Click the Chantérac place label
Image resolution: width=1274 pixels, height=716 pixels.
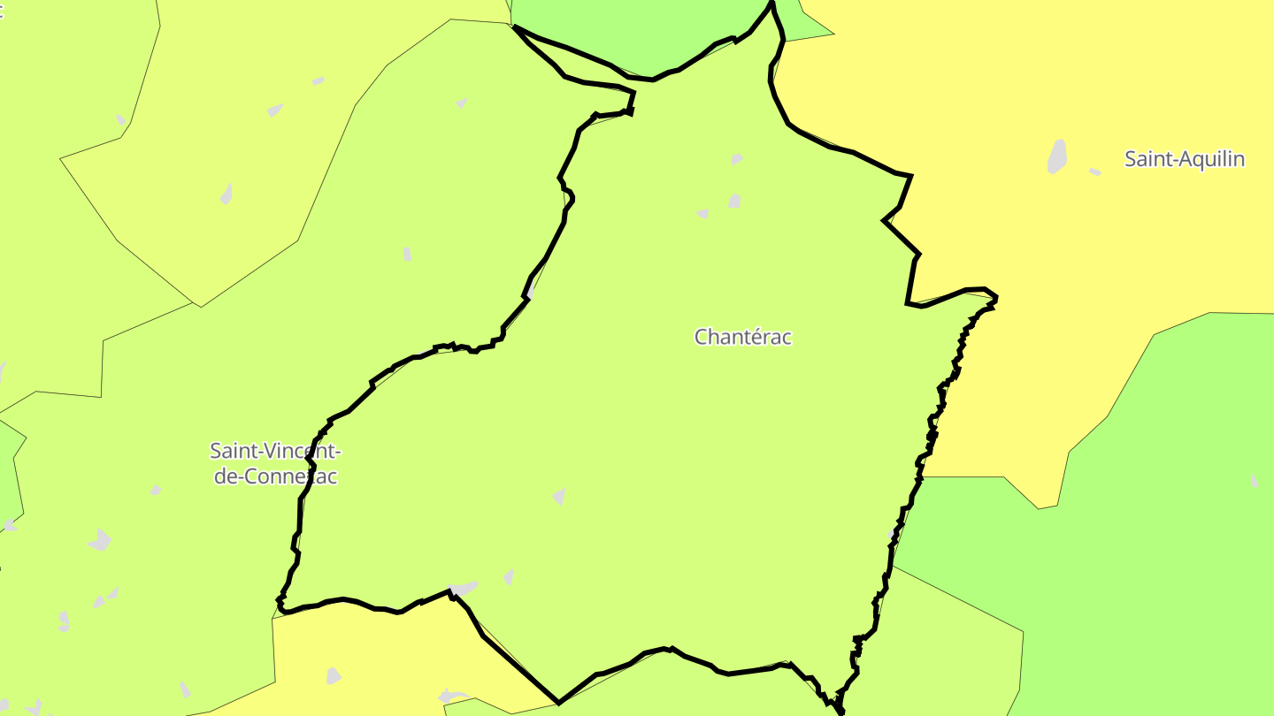point(742,337)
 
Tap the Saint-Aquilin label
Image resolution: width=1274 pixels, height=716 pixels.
point(1184,159)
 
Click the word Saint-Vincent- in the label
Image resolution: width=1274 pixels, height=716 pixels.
point(275,451)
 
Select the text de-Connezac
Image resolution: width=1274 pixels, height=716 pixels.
point(275,476)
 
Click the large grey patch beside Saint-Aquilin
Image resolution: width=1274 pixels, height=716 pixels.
point(1056,156)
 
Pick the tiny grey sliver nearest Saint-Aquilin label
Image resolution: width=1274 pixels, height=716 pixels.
point(1095,171)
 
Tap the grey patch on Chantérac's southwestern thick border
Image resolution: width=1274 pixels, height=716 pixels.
point(463,588)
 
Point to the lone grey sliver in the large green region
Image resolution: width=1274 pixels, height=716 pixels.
point(1254,481)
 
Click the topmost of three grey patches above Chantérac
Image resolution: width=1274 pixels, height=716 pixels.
point(736,159)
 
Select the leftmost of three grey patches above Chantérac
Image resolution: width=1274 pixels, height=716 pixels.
point(702,214)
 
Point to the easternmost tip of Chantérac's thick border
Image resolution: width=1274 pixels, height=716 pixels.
point(996,298)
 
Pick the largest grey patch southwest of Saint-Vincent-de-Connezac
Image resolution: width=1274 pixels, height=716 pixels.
point(101,539)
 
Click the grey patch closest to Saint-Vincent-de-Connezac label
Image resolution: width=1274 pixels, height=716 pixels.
point(156,490)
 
